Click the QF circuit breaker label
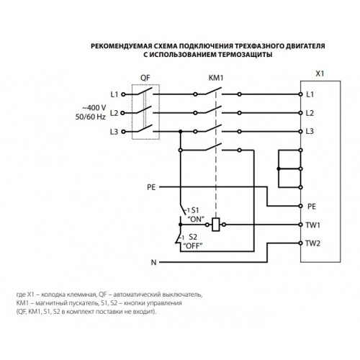coord(145,78)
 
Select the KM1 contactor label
coord(216,78)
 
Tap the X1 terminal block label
coord(320,73)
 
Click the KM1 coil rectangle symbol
coord(216,225)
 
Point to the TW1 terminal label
coord(312,225)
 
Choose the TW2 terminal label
coord(312,243)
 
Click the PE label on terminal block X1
coord(312,207)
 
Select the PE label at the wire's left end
coord(151,187)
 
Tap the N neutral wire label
coord(153,262)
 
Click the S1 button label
coord(195,210)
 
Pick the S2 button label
coord(193,237)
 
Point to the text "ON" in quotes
coord(196,219)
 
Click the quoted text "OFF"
coord(193,246)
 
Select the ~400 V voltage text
coord(94,108)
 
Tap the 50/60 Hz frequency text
coord(91,117)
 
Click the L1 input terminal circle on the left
coord(123,94)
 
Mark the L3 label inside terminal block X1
coord(310,131)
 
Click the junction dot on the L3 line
coord(181,132)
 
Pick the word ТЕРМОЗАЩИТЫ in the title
coord(245,55)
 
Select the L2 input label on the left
coord(114,113)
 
